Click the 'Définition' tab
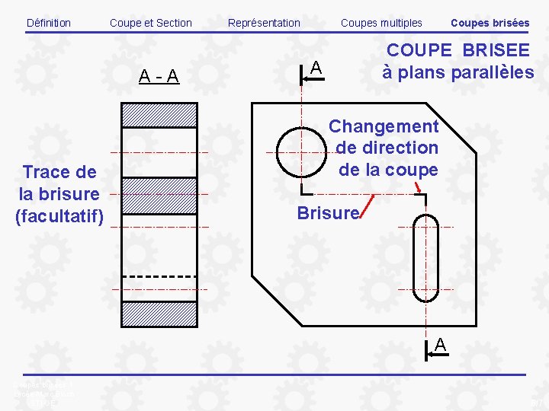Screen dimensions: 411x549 point(48,23)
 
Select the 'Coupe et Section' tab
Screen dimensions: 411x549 point(151,23)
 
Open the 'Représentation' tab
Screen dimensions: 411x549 point(264,23)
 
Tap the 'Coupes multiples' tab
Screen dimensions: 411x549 point(381,23)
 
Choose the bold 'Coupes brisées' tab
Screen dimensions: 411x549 point(490,23)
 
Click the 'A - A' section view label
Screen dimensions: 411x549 point(159,76)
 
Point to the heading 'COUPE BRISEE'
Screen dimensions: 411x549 point(458,50)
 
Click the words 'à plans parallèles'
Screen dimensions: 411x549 point(457,72)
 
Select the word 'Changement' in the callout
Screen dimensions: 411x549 point(384,126)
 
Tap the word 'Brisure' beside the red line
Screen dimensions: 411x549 point(328,213)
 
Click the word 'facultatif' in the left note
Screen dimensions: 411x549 point(59,216)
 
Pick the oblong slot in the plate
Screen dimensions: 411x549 point(425,256)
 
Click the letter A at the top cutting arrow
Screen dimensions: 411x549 point(316,69)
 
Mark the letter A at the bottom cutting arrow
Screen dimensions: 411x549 point(440,345)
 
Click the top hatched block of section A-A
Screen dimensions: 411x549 point(159,115)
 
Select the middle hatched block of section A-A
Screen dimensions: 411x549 point(159,196)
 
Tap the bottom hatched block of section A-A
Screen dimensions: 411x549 point(159,314)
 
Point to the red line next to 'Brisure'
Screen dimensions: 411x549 point(368,206)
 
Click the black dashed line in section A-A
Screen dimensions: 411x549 point(159,276)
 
